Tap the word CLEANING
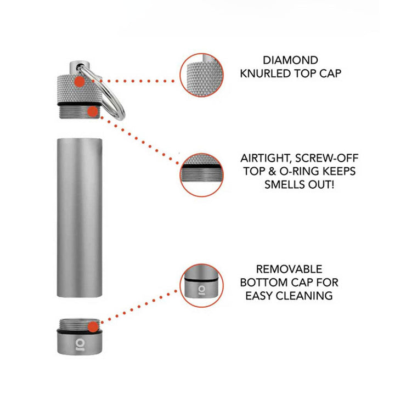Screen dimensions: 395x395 pos(312,296)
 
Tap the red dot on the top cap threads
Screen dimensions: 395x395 pos(92,112)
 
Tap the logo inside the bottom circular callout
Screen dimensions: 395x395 pos(201,287)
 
